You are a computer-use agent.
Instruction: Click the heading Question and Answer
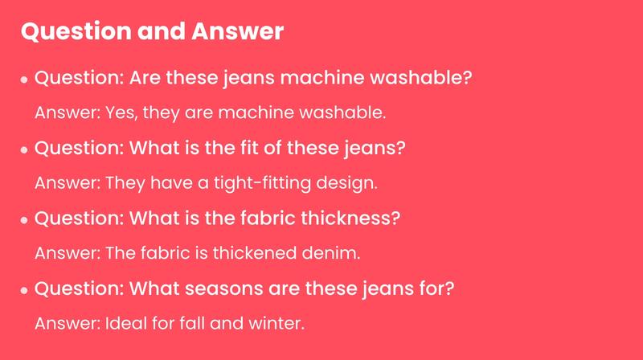coord(151,32)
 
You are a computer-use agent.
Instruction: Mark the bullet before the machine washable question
coord(26,80)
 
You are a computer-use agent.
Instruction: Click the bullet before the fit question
coord(26,150)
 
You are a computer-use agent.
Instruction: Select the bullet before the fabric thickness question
coord(26,220)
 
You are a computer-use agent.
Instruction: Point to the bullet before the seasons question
coord(26,289)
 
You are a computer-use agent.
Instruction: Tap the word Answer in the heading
coord(238,32)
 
